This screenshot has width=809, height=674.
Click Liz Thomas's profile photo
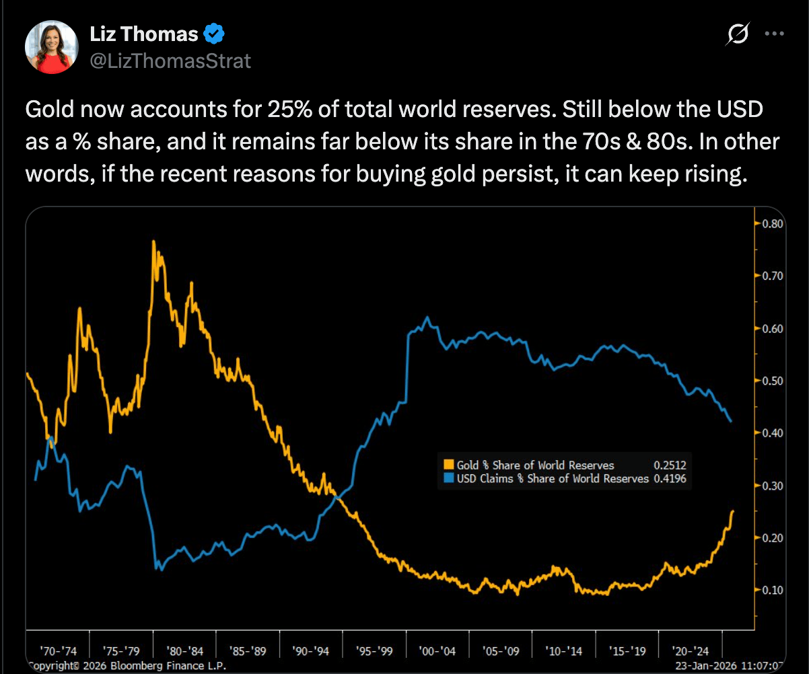pos(48,48)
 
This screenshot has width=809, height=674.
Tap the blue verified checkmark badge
pos(214,34)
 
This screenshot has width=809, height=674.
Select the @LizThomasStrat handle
pos(170,61)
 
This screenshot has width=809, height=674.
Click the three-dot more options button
pos(776,33)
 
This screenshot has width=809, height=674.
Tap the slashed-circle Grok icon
pos(738,34)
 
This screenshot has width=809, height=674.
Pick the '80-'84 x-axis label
pos(184,650)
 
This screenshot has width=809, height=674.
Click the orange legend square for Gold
pos(449,465)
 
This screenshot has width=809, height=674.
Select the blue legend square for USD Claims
pos(449,478)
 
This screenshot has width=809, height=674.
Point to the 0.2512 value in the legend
pos(669,465)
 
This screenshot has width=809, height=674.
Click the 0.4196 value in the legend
pos(669,478)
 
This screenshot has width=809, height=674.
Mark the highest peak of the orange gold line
pos(154,241)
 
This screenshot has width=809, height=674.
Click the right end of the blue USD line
pos(731,421)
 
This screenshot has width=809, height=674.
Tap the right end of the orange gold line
pos(732,511)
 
